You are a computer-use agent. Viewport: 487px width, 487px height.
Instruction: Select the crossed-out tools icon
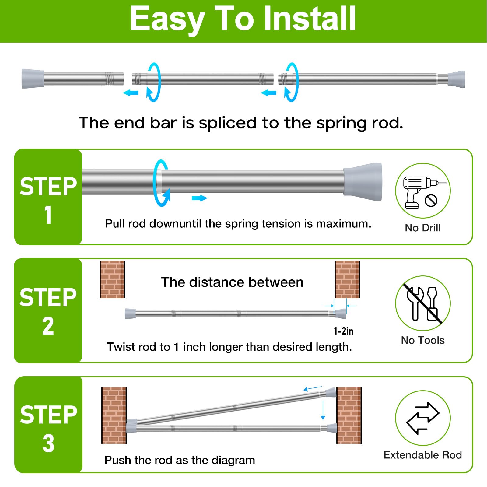pos(423,303)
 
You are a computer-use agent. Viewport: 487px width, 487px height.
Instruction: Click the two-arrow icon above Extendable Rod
pos(423,418)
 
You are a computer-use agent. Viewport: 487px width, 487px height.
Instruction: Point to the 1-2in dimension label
pos(344,331)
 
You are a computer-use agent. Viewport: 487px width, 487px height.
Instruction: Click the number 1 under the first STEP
pos(48,215)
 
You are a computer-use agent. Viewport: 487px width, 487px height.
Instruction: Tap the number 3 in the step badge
pos(48,443)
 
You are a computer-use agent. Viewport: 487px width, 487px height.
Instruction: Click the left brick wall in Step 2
pos(112,279)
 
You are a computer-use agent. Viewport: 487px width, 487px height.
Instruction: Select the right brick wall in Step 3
pos(349,415)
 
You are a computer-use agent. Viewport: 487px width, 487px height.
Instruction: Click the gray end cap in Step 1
pos(363,179)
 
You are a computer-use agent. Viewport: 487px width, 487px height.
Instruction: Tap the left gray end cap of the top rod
pos(33,79)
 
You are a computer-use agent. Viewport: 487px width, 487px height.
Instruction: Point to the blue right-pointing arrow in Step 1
pos(199,198)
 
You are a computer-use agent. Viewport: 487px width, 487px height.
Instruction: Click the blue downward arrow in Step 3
pos(323,410)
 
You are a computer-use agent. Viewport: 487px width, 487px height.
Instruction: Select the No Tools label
pos(423,340)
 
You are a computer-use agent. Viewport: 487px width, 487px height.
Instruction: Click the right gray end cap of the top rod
pos(456,79)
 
